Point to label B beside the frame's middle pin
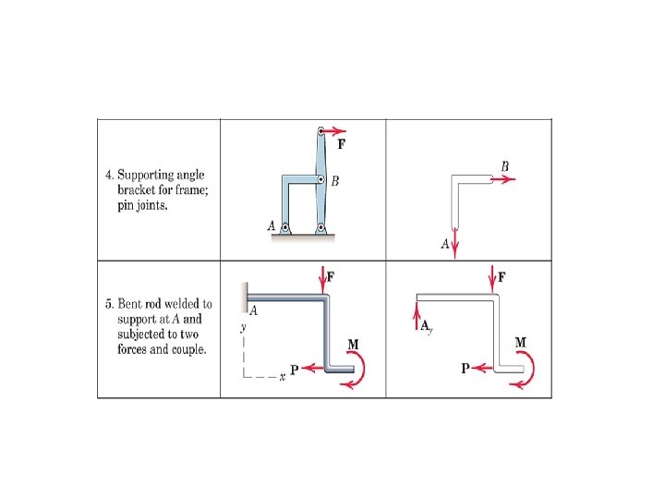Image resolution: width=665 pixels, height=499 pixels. [x=335, y=181]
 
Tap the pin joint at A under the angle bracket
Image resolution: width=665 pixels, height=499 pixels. [x=285, y=227]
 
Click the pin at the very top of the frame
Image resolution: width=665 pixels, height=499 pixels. [x=320, y=131]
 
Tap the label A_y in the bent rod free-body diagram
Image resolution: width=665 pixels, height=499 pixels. [x=428, y=327]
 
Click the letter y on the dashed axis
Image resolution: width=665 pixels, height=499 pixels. [x=242, y=327]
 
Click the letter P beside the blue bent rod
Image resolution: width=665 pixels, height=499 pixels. [x=295, y=370]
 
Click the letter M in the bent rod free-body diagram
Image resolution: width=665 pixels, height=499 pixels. [x=520, y=343]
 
